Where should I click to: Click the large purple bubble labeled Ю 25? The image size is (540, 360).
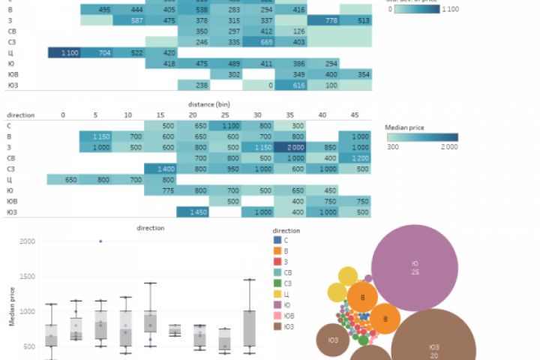pos(415,268)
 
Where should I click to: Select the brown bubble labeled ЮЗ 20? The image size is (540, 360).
pos(433,349)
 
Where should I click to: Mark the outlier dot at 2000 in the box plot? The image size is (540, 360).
pos(100,241)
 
